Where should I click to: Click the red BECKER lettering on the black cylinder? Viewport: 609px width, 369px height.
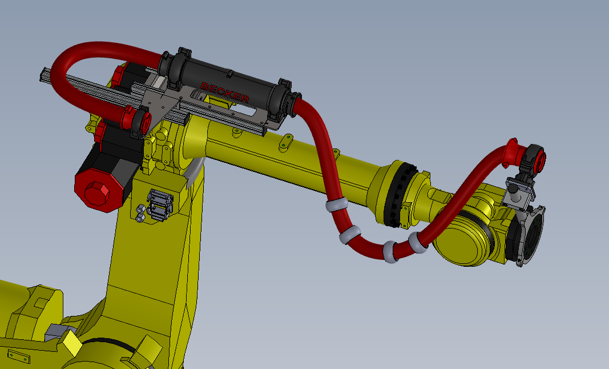point(224,93)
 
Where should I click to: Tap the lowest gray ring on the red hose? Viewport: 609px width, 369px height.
point(391,252)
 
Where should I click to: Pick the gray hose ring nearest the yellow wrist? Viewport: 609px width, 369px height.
point(420,242)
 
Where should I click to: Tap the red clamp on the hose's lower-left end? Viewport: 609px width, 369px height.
point(138,119)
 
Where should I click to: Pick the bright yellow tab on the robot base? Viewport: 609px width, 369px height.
point(72,343)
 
